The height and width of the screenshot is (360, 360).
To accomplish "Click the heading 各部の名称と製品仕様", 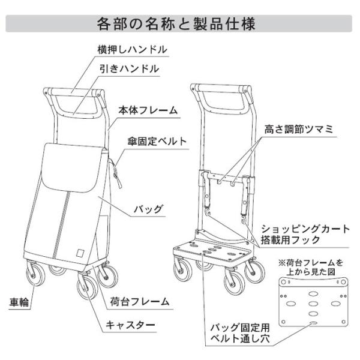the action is tap(176, 23).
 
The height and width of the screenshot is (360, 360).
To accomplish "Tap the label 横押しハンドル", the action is tap(133, 50).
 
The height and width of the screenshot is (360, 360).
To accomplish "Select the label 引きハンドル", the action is tap(130, 69).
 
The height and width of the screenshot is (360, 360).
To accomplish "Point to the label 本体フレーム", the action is tap(148, 110).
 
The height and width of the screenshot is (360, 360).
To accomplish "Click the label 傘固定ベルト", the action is tap(157, 142).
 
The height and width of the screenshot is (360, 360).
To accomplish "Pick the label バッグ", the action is tap(149, 209).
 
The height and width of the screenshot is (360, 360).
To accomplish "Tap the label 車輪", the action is tap(19, 302).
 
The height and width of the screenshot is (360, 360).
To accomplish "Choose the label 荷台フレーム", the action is tap(140, 302).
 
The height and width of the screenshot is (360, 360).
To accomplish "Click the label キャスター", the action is tap(130, 325).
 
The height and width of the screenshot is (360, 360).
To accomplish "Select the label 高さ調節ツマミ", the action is tap(298, 130).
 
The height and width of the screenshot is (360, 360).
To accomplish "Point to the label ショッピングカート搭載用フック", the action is tap(305, 235).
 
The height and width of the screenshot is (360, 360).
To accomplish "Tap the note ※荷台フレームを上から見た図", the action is tap(311, 267).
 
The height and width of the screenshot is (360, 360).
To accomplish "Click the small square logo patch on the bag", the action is tap(80, 253).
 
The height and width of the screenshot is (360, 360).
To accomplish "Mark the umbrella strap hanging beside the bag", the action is tap(116, 173).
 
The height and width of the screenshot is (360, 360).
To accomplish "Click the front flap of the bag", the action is tap(71, 167).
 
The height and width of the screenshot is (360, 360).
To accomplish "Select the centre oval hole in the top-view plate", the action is tap(313, 304).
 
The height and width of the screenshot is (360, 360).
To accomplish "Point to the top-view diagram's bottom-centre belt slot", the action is tap(313, 323).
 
